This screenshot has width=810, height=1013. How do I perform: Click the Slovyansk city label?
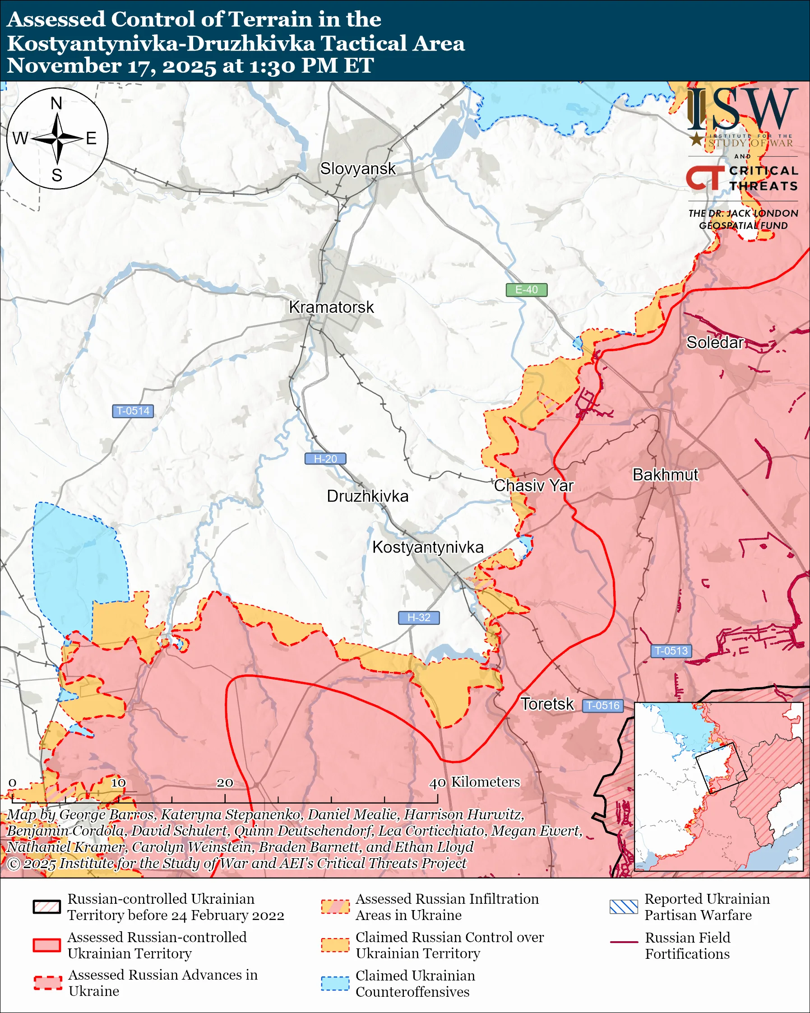coord(358,169)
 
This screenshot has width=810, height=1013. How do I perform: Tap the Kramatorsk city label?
coord(331,307)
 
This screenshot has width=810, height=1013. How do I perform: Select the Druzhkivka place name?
coord(367,496)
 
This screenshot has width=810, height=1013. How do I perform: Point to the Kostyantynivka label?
coord(427,548)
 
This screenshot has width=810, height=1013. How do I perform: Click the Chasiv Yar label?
coord(533,485)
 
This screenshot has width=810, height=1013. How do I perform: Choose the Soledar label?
coord(715,343)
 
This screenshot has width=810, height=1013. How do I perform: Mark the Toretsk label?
coord(547,704)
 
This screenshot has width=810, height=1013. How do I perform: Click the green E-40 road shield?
coord(526,290)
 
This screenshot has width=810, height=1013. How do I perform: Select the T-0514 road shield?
coord(133,411)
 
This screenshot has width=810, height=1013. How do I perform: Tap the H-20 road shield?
coord(325,459)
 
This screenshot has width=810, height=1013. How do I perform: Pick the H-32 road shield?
coord(418,618)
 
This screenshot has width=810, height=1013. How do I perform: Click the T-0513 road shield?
coord(671,651)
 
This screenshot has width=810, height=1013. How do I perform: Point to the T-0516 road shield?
coord(603,705)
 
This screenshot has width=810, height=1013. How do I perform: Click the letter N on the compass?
coord(56,103)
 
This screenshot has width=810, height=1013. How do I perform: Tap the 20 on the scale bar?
coord(224,783)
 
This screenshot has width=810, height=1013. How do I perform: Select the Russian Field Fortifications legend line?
coord(624,942)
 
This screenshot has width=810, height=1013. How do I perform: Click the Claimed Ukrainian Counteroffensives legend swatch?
coord(335,983)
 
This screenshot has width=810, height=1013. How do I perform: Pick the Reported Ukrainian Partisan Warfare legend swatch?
coord(624,907)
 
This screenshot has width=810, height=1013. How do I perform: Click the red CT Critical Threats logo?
coord(705,178)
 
